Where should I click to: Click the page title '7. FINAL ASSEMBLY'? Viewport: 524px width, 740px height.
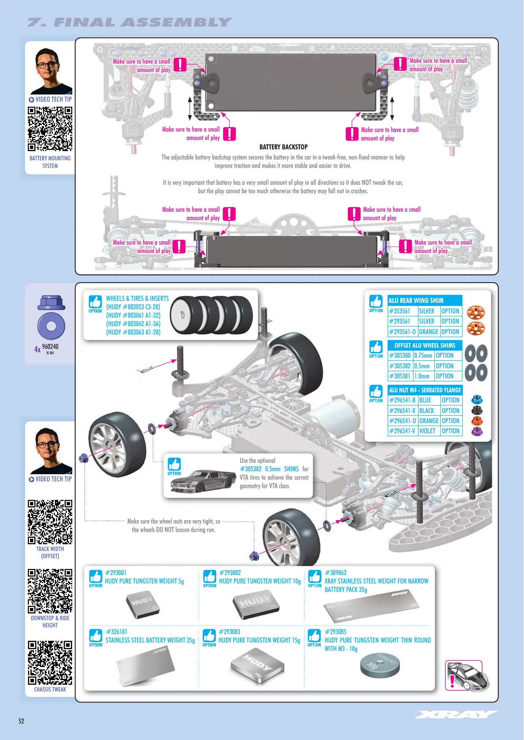click(130, 22)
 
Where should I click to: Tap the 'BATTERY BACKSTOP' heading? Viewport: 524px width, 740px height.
click(283, 147)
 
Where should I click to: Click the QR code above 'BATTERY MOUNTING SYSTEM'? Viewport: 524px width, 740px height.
click(50, 129)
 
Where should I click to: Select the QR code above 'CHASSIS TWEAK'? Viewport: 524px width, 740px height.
click(50, 662)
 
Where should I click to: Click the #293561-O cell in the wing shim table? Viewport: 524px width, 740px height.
click(402, 332)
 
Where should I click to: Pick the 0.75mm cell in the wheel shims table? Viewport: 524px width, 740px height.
click(423, 356)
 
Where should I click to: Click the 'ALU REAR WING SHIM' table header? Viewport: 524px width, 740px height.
click(425, 300)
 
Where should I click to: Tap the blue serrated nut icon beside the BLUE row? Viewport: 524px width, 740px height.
click(477, 399)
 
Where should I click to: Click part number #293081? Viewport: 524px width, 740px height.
click(116, 573)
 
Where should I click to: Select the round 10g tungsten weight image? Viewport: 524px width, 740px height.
click(380, 665)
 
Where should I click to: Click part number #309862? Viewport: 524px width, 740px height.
click(336, 573)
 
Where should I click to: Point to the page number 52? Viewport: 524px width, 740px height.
click(21, 721)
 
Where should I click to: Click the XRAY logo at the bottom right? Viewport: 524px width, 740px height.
click(456, 714)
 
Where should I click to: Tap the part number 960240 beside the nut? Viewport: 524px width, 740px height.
click(50, 346)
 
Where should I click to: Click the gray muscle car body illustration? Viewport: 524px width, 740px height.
click(204, 481)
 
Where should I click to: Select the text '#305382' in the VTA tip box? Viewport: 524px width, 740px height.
click(251, 469)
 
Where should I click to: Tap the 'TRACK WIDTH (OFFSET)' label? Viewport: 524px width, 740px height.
click(50, 552)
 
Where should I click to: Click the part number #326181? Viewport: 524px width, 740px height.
click(117, 632)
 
